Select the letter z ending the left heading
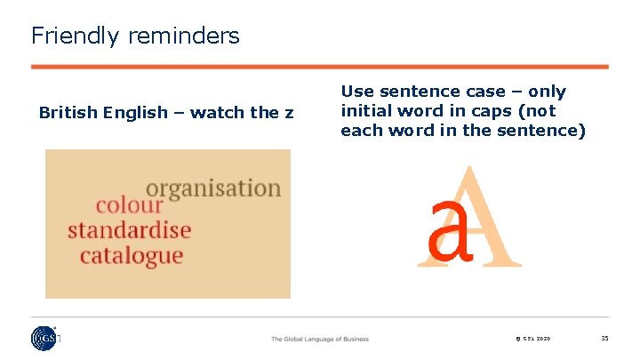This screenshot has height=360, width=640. coord(289,113)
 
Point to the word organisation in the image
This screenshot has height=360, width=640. coord(212,189)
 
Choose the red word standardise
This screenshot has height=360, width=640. coord(130,231)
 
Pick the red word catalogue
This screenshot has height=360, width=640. coord(132,256)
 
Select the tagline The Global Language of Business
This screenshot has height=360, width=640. coord(319,340)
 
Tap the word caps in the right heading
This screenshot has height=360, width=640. coord(502,111)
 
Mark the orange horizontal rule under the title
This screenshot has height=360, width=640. coord(320,67)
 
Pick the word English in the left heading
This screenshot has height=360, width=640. coord(134,113)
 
